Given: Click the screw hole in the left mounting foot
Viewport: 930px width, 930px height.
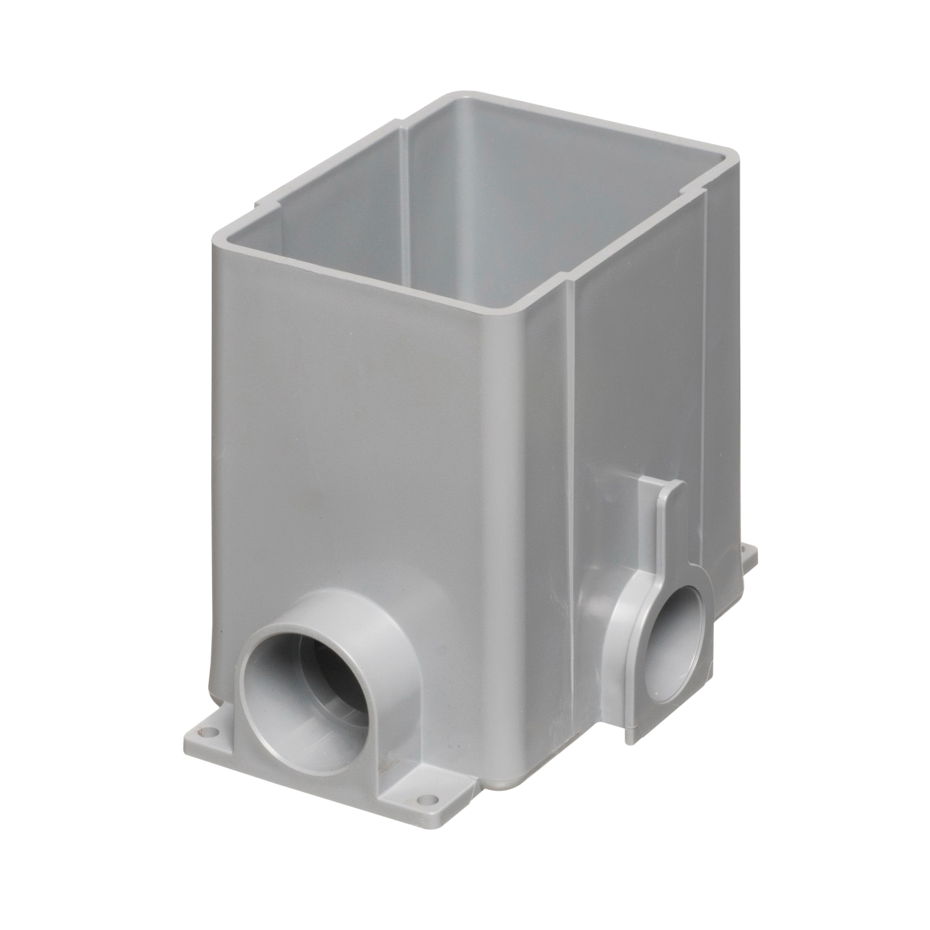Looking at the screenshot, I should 209,745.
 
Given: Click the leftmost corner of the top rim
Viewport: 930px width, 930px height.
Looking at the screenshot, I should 217,233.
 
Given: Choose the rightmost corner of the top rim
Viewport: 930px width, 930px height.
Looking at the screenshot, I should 734,166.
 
